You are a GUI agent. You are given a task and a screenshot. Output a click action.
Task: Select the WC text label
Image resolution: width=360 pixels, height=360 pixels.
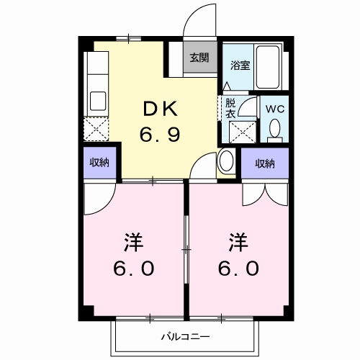[275, 108]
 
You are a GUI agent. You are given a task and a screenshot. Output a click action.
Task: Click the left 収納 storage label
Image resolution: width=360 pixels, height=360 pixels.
[99, 163]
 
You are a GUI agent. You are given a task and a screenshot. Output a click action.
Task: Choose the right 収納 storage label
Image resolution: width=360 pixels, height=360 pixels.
[264, 163]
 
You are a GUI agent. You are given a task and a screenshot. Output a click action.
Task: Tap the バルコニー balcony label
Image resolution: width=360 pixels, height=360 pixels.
[184, 336]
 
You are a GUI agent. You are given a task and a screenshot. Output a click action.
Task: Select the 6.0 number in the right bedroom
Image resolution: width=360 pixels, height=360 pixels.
[235, 268]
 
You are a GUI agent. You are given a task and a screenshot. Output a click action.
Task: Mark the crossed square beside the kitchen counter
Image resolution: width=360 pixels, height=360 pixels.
[96, 130]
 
